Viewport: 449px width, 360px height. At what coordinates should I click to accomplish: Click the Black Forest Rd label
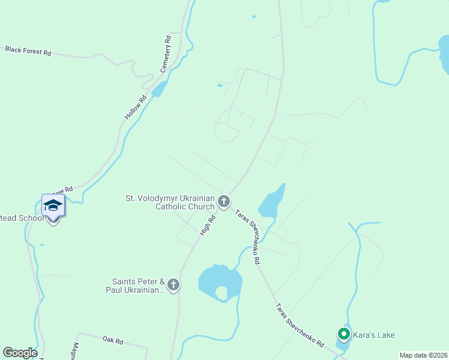point(28,50)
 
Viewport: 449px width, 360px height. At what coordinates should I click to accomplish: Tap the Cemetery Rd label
point(166,55)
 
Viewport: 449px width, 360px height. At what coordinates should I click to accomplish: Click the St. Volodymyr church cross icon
point(224,202)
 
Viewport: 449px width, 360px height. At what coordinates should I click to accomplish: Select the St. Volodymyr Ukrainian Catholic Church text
point(169,202)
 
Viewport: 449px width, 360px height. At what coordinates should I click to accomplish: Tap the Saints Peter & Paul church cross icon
point(173,285)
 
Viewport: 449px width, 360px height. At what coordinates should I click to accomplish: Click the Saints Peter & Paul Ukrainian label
point(138,286)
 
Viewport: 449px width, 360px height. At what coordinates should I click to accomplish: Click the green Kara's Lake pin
point(344,333)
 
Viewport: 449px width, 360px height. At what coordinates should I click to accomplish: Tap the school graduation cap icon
point(53,205)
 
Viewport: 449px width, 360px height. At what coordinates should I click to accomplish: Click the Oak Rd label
point(112,340)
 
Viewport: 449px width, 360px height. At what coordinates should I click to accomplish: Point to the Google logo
point(20,353)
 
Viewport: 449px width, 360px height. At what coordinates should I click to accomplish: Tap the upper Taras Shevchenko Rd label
point(248,236)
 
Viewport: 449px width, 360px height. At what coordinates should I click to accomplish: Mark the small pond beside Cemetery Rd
point(160,89)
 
